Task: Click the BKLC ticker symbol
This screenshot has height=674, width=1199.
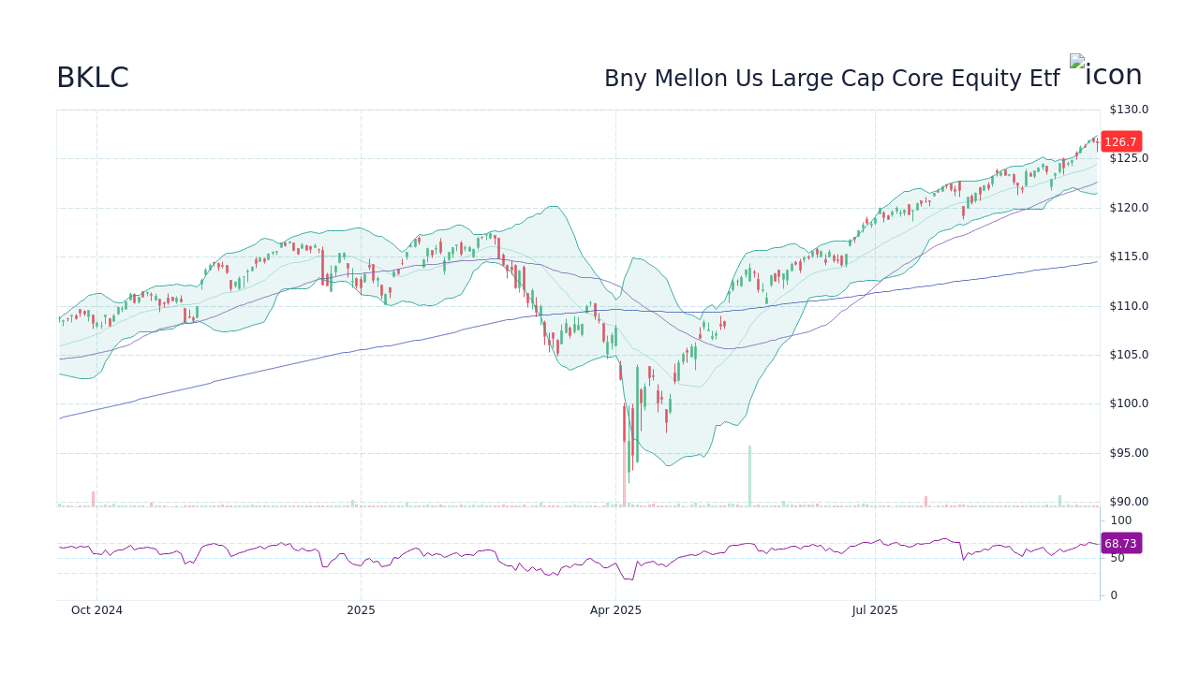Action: click(93, 78)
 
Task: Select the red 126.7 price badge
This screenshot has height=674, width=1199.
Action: click(1120, 142)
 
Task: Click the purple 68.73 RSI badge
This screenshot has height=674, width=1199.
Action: click(1120, 543)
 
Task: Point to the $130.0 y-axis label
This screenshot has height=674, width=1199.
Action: click(1129, 110)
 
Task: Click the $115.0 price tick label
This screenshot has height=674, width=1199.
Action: click(1129, 256)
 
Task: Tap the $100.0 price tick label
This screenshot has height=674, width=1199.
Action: click(1129, 403)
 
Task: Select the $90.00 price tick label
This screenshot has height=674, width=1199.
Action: click(1129, 502)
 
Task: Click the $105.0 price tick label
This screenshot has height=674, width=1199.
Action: click(1129, 355)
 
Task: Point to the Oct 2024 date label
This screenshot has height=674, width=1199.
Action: click(96, 610)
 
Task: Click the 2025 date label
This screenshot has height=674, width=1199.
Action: click(361, 610)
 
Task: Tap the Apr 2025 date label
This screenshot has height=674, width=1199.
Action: click(615, 610)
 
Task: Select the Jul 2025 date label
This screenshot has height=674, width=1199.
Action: click(875, 610)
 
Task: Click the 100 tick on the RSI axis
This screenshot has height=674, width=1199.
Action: click(1121, 520)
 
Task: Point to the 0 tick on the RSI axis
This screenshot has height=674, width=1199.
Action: click(1114, 595)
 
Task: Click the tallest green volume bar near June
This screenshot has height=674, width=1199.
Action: click(749, 476)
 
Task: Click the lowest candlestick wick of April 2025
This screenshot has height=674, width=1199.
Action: click(629, 479)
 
